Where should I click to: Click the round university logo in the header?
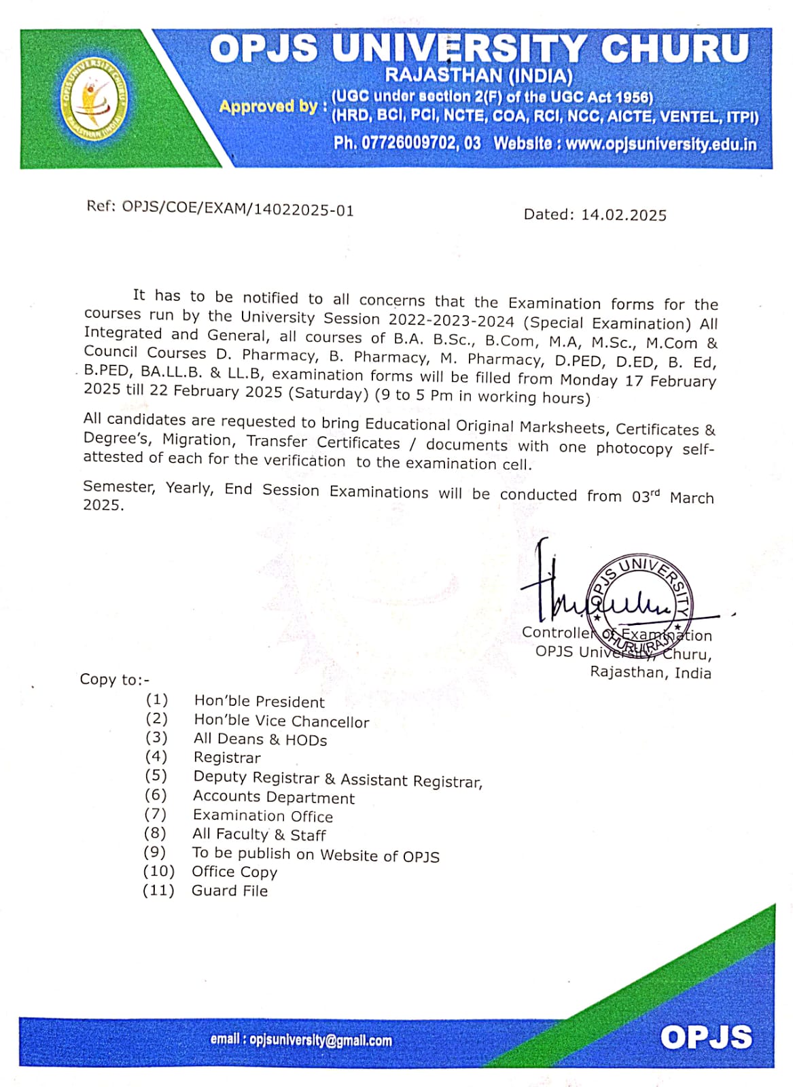point(94,98)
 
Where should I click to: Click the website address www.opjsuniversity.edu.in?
point(660,144)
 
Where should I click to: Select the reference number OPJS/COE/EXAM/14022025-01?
point(238,209)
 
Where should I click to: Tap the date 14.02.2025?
point(623,215)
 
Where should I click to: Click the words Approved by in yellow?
point(268,107)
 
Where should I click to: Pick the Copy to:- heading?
point(114,679)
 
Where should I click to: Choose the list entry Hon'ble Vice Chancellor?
point(281,721)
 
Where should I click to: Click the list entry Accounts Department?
point(274,797)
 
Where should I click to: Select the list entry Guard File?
point(230,891)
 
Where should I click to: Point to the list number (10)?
point(158,872)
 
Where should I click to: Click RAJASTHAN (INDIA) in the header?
point(478,75)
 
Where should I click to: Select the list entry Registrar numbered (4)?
point(227,758)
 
